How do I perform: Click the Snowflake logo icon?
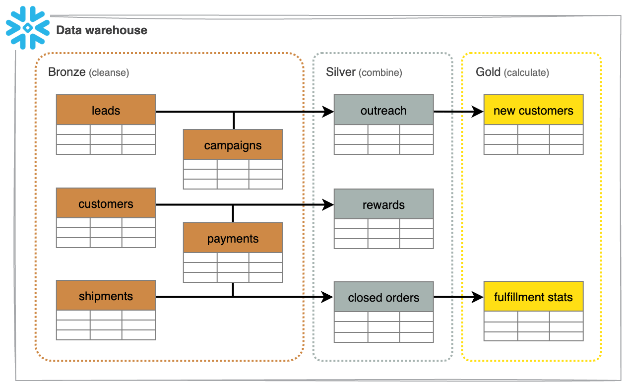click(28, 27)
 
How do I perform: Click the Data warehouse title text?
click(102, 30)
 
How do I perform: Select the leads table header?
click(106, 110)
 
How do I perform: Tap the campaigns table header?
click(233, 145)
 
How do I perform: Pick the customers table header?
click(106, 203)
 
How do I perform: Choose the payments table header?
click(233, 238)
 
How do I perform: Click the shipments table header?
click(106, 296)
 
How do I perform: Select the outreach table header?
click(383, 110)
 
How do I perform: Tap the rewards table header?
click(383, 204)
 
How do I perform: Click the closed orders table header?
click(383, 297)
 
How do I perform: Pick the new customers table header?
click(533, 110)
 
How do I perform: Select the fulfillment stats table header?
click(533, 297)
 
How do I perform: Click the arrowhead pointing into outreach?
click(328, 112)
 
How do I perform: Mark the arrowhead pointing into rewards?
click(328, 204)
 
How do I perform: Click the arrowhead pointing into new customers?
click(478, 112)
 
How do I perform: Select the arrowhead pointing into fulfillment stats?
click(478, 297)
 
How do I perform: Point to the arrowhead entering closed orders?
click(328, 297)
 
